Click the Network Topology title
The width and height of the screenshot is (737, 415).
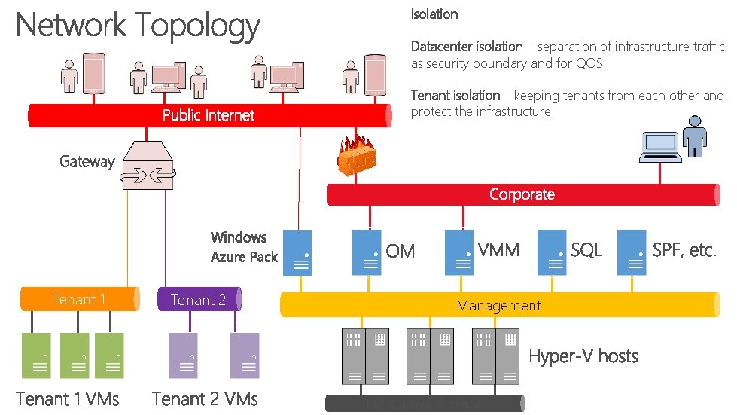pyautogui.click(x=138, y=26)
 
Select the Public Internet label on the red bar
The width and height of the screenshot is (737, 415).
pyautogui.click(x=209, y=115)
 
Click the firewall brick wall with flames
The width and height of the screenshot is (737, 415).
pyautogui.click(x=356, y=157)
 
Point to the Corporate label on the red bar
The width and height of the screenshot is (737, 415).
pyautogui.click(x=522, y=194)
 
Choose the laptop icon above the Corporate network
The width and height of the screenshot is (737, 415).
pyautogui.click(x=660, y=146)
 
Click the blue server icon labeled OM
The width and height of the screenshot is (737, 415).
pyautogui.click(x=367, y=252)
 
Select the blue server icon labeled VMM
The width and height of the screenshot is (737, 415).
pyautogui.click(x=459, y=252)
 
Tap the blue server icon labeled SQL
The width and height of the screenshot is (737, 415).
pyautogui.click(x=552, y=252)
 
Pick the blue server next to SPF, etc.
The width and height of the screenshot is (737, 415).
pyautogui.click(x=631, y=252)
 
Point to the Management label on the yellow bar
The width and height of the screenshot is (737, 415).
pyautogui.click(x=498, y=305)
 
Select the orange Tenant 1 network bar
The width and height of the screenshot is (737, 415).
pyautogui.click(x=79, y=299)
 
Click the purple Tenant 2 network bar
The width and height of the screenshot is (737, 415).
pyautogui.click(x=199, y=299)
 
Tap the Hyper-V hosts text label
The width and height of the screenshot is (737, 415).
pyautogui.click(x=583, y=355)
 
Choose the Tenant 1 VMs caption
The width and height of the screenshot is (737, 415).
pyautogui.click(x=68, y=398)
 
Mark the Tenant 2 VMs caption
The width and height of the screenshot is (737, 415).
pyautogui.click(x=205, y=398)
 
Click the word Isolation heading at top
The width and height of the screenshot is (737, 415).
pyautogui.click(x=434, y=14)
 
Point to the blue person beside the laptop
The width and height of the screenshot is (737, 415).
pyautogui.click(x=696, y=140)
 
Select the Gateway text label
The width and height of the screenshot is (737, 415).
pyautogui.click(x=87, y=161)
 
